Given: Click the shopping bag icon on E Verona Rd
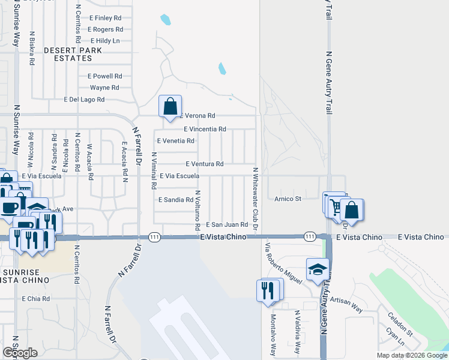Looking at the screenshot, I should (170, 107).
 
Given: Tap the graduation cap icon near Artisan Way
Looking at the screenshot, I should (317, 269).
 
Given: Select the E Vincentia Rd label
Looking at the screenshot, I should (205, 129).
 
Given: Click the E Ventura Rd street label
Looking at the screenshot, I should (204, 164).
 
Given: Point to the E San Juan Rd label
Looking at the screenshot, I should (227, 224).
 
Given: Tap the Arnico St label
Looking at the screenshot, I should (288, 199).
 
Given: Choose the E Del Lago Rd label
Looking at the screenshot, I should (84, 100).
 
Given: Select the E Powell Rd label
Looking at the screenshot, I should (104, 76).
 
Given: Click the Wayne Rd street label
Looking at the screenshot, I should (104, 88).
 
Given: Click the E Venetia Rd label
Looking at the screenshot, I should (175, 141).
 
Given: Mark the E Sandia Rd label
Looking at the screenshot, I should (175, 200).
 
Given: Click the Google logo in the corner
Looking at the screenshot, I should (20, 352).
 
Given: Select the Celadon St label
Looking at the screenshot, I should (400, 324).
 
